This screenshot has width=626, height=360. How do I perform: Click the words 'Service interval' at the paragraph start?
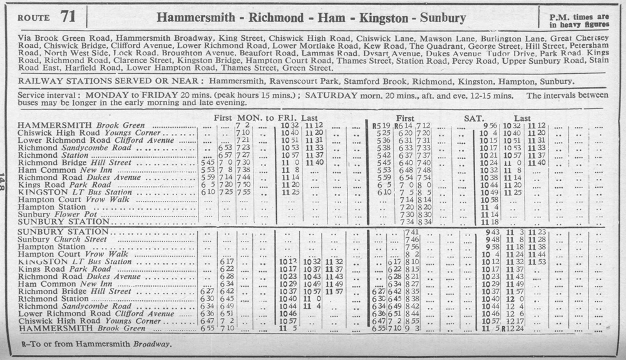pos(48,95)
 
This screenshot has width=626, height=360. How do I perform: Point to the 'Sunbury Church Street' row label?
pos(63,239)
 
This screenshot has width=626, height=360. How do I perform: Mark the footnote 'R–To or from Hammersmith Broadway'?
pos(96,344)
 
